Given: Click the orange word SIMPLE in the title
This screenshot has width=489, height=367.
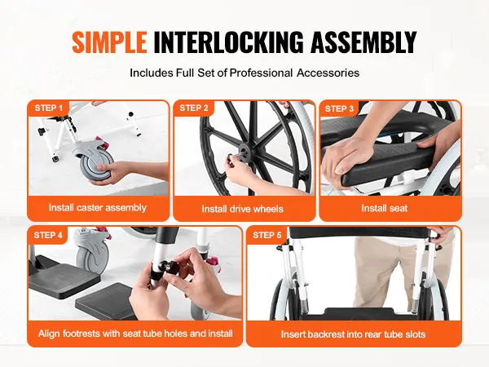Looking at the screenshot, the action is click(x=109, y=42).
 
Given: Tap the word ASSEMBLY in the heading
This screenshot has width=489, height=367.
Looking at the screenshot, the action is click(x=363, y=42).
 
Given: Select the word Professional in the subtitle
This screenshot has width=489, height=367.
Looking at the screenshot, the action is click(x=261, y=73).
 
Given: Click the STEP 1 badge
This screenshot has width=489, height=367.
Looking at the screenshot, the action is click(x=48, y=108).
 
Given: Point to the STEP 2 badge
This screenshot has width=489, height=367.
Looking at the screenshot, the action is click(x=194, y=108).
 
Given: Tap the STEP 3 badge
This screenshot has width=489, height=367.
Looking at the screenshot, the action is click(x=339, y=108).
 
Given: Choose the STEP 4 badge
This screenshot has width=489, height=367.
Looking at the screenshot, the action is click(x=48, y=235).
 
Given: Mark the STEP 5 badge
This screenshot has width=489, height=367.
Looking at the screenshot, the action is click(x=267, y=235).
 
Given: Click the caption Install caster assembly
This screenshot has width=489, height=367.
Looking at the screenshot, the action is click(x=98, y=207).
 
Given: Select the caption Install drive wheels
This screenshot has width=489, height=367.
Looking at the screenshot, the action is click(x=242, y=209).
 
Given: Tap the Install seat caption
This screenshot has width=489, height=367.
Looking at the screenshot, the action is click(x=384, y=208).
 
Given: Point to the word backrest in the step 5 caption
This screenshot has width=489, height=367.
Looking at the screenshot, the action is click(x=324, y=334).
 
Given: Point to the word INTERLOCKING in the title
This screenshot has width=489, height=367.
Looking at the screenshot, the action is click(x=228, y=42).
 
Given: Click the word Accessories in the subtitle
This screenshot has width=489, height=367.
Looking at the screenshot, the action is click(x=328, y=73).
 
